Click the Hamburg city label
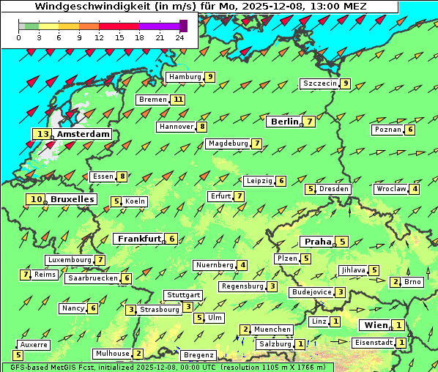(185, 77)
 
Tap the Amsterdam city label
(83, 134)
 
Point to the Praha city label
(318, 242)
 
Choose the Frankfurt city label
(138, 239)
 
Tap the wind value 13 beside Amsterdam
(42, 134)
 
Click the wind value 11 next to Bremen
(178, 100)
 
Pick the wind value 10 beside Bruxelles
(36, 199)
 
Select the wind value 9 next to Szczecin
(345, 83)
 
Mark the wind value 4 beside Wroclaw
(415, 189)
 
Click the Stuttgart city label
(182, 295)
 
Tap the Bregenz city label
(198, 355)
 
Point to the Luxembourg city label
(69, 260)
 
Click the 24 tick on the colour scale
(179, 37)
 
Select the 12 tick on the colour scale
(99, 37)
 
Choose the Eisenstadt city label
(372, 343)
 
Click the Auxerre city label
(33, 344)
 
